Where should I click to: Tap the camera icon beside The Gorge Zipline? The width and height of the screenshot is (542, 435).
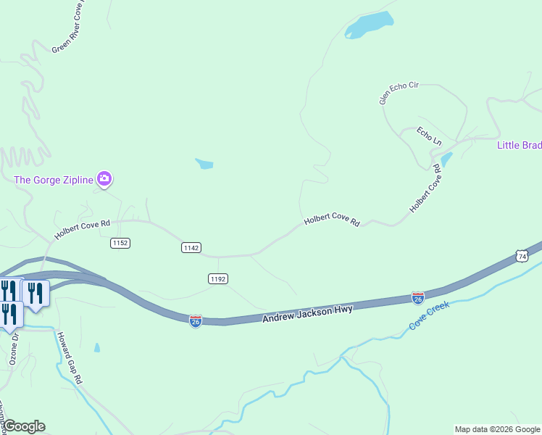[104, 178]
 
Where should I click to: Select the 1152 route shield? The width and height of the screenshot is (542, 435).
[120, 243]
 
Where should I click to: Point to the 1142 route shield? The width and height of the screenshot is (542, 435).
[191, 248]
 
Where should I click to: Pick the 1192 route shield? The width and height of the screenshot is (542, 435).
[217, 278]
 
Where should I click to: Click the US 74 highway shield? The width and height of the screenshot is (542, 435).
[522, 256]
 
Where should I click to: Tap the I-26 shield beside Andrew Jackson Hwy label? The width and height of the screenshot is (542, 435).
[196, 320]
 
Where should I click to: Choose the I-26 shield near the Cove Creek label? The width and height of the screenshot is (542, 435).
[418, 297]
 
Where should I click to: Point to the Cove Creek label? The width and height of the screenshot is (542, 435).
[429, 315]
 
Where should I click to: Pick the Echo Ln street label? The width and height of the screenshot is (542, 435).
[429, 136]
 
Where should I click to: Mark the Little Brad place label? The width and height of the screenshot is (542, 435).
[519, 145]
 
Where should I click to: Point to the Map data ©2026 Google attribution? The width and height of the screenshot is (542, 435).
[497, 429]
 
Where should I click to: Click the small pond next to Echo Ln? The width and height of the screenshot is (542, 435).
[446, 159]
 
